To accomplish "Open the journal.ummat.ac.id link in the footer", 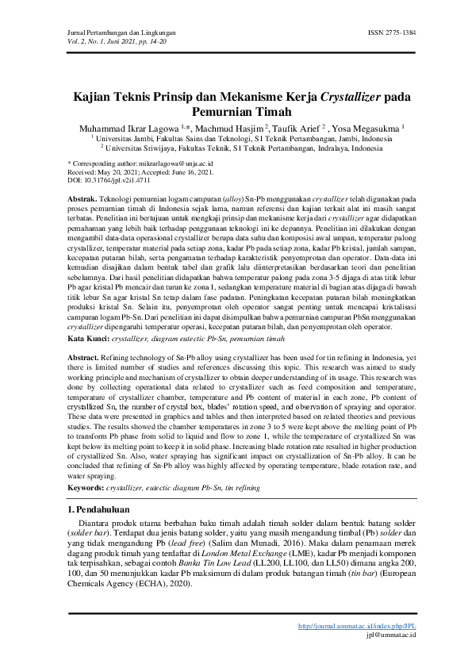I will click(x=358, y=627).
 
